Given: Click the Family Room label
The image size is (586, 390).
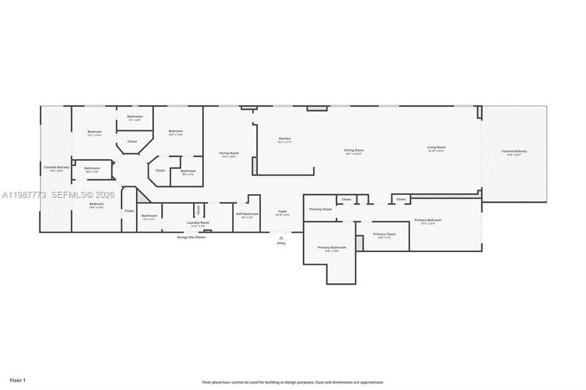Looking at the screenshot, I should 229,154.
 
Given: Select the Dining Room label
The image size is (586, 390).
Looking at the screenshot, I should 354,151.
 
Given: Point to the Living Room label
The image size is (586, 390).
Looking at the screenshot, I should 436,148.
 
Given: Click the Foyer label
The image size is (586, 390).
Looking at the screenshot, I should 283,212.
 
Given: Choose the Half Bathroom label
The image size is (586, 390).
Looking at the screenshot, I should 247,214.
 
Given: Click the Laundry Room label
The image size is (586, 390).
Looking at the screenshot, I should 198,223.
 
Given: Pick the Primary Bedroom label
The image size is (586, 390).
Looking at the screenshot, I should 427,221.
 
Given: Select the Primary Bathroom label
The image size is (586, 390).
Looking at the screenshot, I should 332,249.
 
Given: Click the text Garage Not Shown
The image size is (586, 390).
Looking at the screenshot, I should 191,237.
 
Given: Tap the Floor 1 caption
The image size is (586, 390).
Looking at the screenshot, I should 18,380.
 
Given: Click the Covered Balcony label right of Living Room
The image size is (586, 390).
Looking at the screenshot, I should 514,152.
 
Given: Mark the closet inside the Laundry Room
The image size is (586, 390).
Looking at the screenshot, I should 198,209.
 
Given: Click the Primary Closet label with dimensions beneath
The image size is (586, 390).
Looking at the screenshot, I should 384,235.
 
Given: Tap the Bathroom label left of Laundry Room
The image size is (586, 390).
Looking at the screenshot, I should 149,217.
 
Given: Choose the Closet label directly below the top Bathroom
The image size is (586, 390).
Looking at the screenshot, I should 132,142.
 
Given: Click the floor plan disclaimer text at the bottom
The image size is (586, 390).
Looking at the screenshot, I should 293,382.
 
